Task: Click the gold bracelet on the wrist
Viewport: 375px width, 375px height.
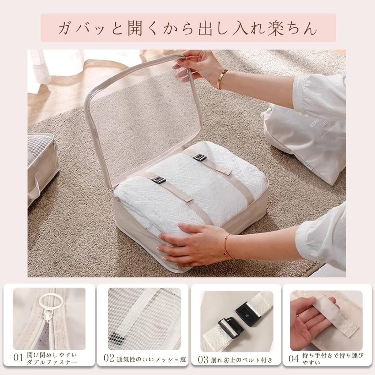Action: point(222,79)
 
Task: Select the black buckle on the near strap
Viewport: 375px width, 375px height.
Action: point(159,180)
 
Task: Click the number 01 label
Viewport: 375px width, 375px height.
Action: point(19,357)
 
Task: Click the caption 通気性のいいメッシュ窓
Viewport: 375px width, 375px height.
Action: point(151,359)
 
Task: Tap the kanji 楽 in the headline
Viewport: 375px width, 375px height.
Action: point(275,28)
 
